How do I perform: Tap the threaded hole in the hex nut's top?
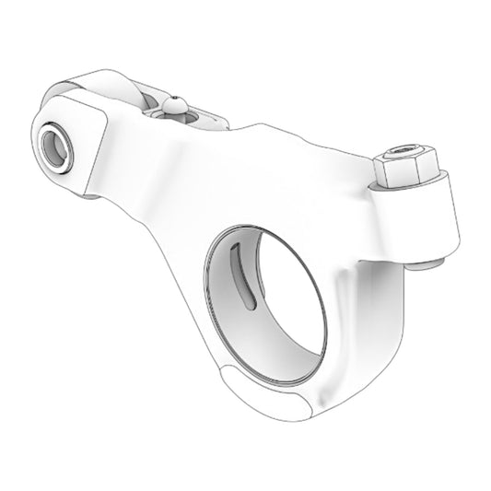click(x=402, y=151)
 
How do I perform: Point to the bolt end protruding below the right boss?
click(x=425, y=265)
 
